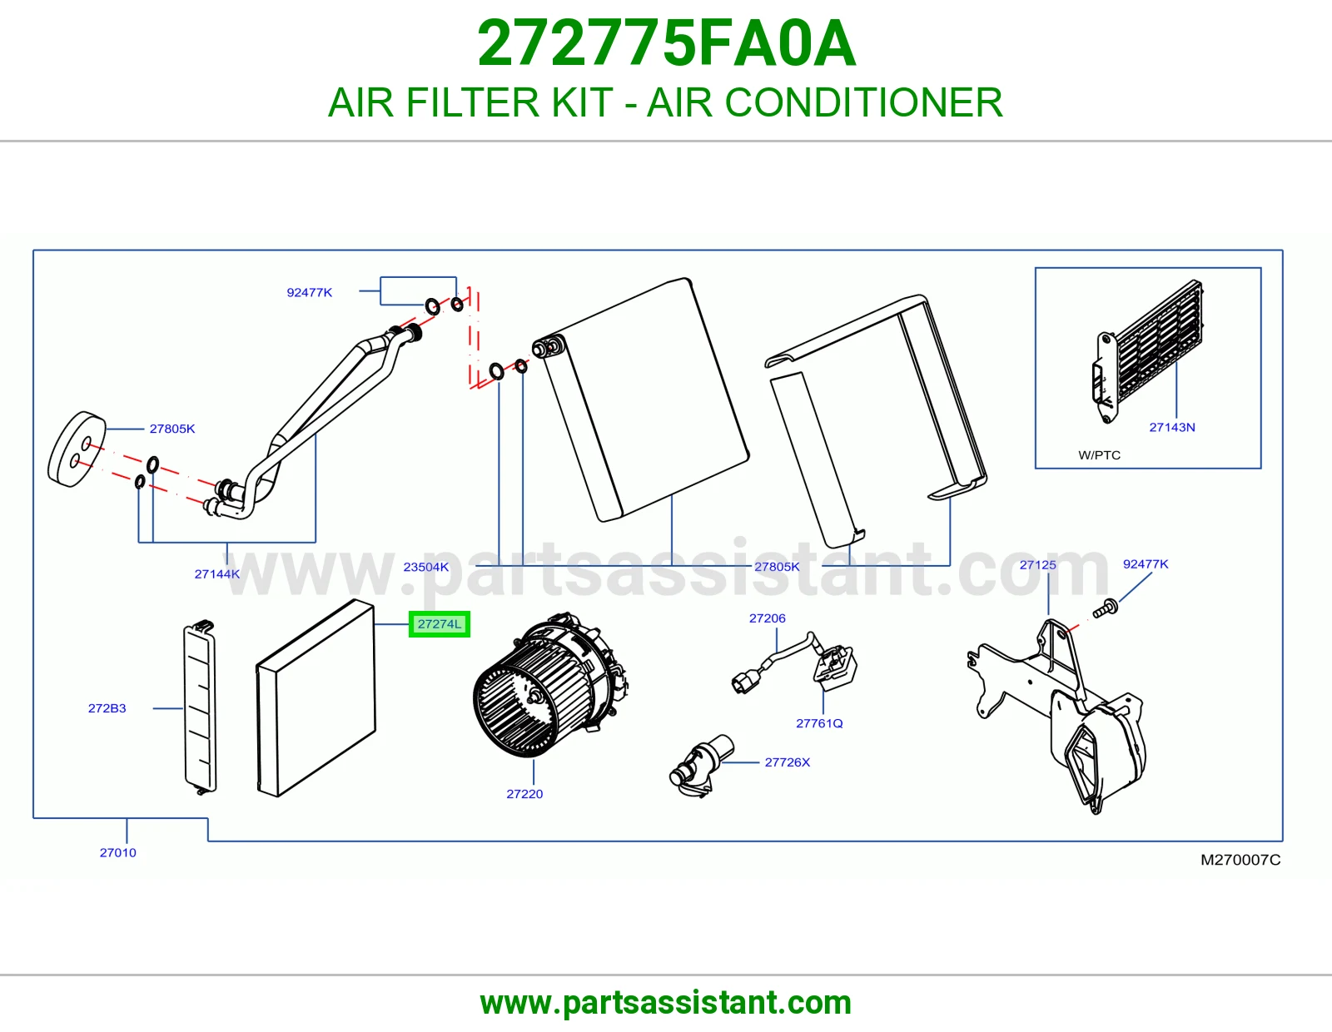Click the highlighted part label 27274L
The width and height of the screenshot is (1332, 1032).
(439, 624)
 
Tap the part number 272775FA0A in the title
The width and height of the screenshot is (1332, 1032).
(666, 43)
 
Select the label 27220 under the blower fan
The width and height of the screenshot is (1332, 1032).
(524, 794)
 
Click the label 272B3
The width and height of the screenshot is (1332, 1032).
(107, 707)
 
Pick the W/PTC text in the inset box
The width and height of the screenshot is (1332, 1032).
(1099, 454)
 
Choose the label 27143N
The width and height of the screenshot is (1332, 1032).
(1171, 427)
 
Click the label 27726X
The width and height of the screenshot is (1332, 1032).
(787, 762)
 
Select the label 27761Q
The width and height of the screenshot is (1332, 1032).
(819, 723)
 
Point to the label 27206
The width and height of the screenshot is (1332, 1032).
(767, 618)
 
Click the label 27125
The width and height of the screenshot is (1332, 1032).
(1037, 564)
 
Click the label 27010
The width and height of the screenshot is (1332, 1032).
(117, 852)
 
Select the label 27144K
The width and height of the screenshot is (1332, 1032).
(217, 573)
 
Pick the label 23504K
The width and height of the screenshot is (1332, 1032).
(425, 567)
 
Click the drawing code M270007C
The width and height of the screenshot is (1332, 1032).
(1240, 860)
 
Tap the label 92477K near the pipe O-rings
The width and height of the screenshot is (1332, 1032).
(309, 292)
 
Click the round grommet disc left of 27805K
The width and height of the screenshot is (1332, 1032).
(77, 449)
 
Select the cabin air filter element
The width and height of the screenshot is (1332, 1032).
(316, 698)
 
